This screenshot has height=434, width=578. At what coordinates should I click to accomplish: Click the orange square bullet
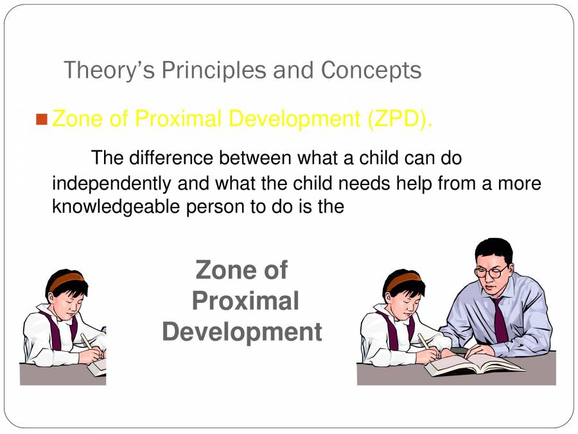click(x=42, y=120)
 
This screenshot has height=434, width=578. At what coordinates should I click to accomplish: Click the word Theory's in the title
click(x=109, y=70)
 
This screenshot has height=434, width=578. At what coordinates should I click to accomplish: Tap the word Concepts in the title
click(x=371, y=70)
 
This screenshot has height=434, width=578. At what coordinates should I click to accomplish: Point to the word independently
click(x=112, y=184)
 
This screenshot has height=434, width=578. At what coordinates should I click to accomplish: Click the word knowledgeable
click(x=116, y=206)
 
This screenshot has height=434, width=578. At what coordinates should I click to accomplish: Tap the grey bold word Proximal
click(x=245, y=302)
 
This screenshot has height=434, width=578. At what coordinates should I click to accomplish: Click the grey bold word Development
click(x=242, y=332)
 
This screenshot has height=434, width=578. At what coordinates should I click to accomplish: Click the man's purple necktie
click(x=500, y=319)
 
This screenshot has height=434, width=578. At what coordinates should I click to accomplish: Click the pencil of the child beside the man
click(x=425, y=341)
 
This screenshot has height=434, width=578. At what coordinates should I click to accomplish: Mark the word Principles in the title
click(x=214, y=70)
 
